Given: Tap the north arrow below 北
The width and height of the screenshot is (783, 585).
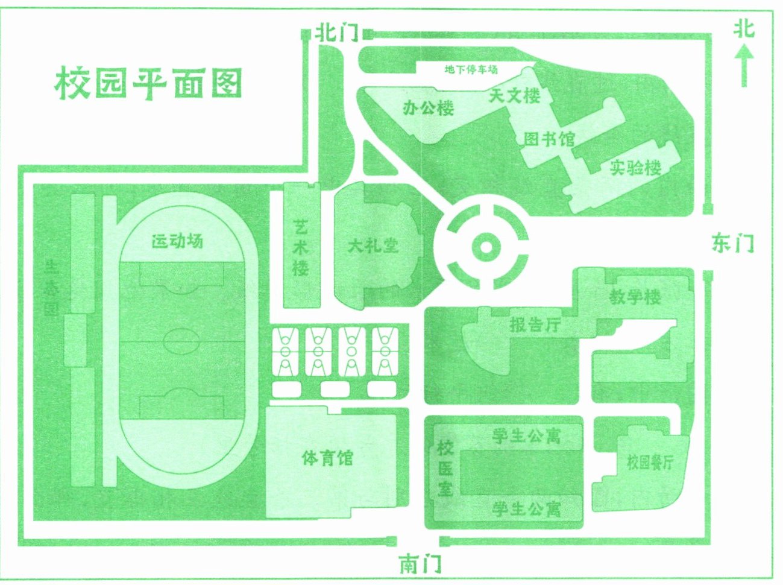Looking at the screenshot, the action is (745, 66).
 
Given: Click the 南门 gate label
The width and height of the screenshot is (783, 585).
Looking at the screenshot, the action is (420, 564).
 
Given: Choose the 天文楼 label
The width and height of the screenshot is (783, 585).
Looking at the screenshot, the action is (514, 95).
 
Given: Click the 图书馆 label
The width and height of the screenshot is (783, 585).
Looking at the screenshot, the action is (549, 139).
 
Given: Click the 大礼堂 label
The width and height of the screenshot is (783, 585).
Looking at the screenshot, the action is (374, 245).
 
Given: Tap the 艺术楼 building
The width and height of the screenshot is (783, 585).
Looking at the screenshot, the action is (300, 247).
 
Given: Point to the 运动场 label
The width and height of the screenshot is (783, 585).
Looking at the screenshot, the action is (177, 241).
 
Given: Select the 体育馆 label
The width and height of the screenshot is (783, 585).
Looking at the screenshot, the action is (327, 458).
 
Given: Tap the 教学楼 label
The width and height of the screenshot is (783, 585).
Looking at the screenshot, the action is (636, 296).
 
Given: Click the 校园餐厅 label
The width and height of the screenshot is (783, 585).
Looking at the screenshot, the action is (650, 463).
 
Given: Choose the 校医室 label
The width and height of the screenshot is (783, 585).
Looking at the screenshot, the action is (445, 468).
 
